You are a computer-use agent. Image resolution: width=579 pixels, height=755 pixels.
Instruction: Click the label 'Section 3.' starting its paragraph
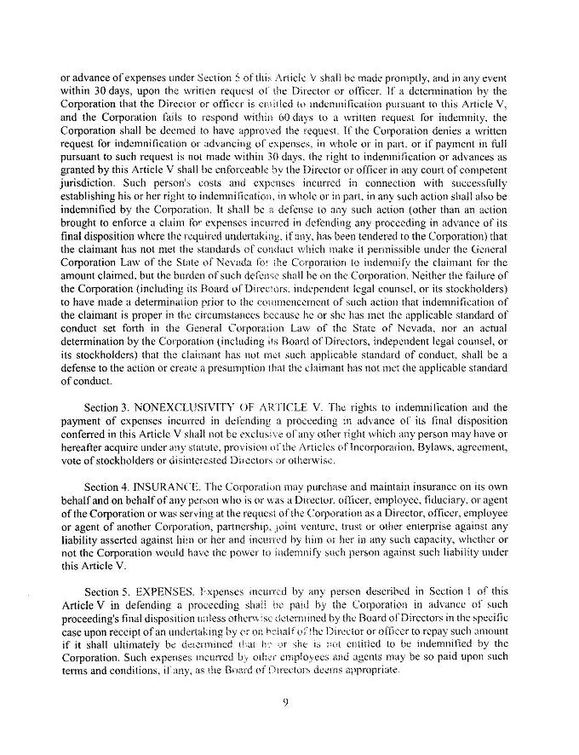click(112, 410)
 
